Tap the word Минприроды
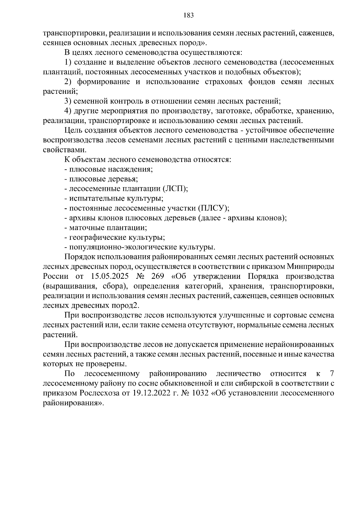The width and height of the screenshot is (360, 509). [x=310, y=266]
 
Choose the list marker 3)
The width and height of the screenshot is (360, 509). [x=68, y=101]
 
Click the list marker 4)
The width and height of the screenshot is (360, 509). [x=68, y=111]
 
